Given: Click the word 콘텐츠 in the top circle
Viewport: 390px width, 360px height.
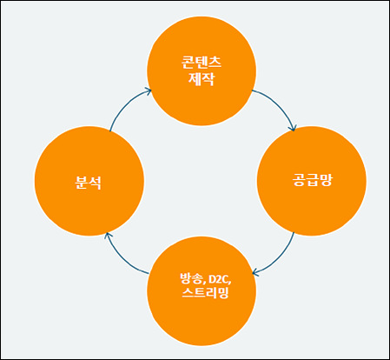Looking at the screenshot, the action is click(202, 63).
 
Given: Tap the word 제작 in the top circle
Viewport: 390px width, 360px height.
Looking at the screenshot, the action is click(202, 78).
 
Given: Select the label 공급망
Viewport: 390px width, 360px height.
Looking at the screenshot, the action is click(312, 180).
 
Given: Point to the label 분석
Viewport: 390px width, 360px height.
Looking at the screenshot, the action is click(89, 183).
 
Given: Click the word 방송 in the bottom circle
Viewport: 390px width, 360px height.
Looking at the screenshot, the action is click(189, 278).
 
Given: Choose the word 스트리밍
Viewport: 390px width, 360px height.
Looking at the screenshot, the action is click(205, 292).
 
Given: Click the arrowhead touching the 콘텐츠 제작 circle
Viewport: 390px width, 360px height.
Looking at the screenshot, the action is click(149, 91).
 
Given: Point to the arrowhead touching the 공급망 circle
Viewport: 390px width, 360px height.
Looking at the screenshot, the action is click(294, 128).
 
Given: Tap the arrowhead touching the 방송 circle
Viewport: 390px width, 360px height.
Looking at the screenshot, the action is click(255, 272).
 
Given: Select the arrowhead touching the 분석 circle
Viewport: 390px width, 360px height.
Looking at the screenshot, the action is click(108, 236).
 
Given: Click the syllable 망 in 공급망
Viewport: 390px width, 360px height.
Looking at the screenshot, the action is click(326, 180).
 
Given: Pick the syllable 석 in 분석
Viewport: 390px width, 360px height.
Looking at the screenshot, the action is click(96, 183).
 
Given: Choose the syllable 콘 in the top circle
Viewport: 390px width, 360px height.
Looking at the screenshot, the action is click(188, 63).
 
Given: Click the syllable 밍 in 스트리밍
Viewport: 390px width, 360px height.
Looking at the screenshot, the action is click(223, 292).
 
